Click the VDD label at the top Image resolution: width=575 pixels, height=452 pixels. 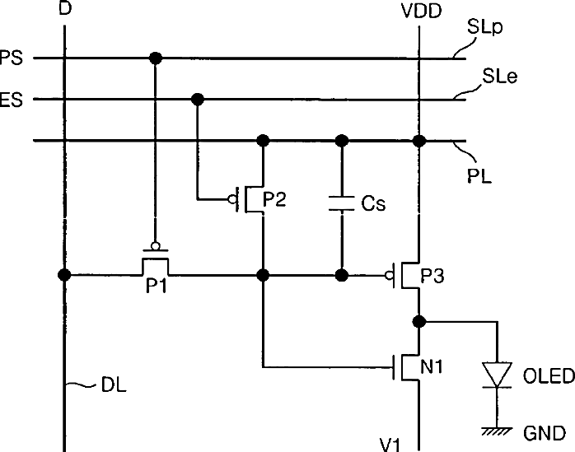[421, 11]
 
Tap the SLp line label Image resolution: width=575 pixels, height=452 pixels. [484, 27]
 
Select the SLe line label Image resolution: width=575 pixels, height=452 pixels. [499, 76]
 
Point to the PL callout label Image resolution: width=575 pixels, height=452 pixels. [479, 176]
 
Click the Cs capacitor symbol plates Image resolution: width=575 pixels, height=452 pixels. [342, 203]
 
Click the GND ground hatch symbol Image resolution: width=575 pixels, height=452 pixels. [497, 431]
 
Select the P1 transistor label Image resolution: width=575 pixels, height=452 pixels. [157, 286]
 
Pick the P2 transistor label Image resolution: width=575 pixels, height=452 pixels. [274, 199]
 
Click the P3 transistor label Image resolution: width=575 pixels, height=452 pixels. [432, 276]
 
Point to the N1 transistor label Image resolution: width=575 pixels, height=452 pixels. [432, 366]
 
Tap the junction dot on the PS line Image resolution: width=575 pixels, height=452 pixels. [156, 58]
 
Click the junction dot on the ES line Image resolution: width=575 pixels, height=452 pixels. [198, 99]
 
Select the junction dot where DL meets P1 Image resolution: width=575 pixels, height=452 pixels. [64, 274]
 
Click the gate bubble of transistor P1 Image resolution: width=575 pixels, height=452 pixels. [156, 246]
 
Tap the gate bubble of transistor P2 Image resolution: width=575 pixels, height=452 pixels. [232, 199]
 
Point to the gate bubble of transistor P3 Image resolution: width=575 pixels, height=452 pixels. [389, 275]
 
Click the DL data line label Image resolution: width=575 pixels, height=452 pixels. [114, 385]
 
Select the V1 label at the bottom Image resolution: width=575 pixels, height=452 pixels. [390, 445]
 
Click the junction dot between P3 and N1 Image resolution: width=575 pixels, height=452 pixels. [419, 321]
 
